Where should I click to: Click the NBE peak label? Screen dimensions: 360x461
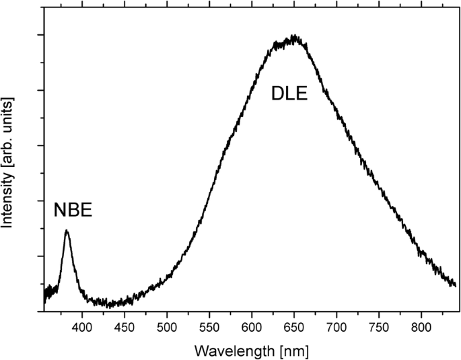(72, 211)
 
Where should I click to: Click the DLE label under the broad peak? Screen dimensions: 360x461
(289, 94)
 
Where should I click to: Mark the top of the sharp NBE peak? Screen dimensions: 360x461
(67, 231)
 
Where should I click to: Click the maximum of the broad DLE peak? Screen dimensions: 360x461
(294, 36)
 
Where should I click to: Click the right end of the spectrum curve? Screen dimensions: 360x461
(456, 286)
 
